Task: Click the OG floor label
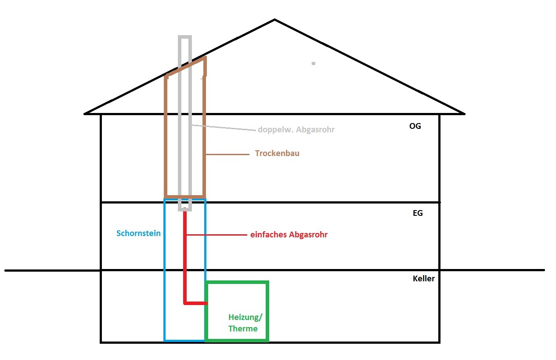[x=415, y=126]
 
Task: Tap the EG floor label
[x=417, y=213]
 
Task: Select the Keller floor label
[x=423, y=279]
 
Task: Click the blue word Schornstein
[x=138, y=233]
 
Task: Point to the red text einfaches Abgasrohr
[x=289, y=235]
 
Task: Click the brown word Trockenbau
[x=277, y=154]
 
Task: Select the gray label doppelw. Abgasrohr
[x=296, y=130]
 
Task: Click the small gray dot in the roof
[x=313, y=63]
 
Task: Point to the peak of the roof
[x=275, y=20]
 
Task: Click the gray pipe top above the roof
[x=185, y=37]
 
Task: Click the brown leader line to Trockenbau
[x=227, y=154]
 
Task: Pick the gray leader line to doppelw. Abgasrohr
[x=224, y=127]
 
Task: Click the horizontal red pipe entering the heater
[x=195, y=303]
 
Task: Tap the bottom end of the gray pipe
[x=185, y=210]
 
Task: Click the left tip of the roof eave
[x=85, y=113]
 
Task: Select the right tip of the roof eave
[x=464, y=113]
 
